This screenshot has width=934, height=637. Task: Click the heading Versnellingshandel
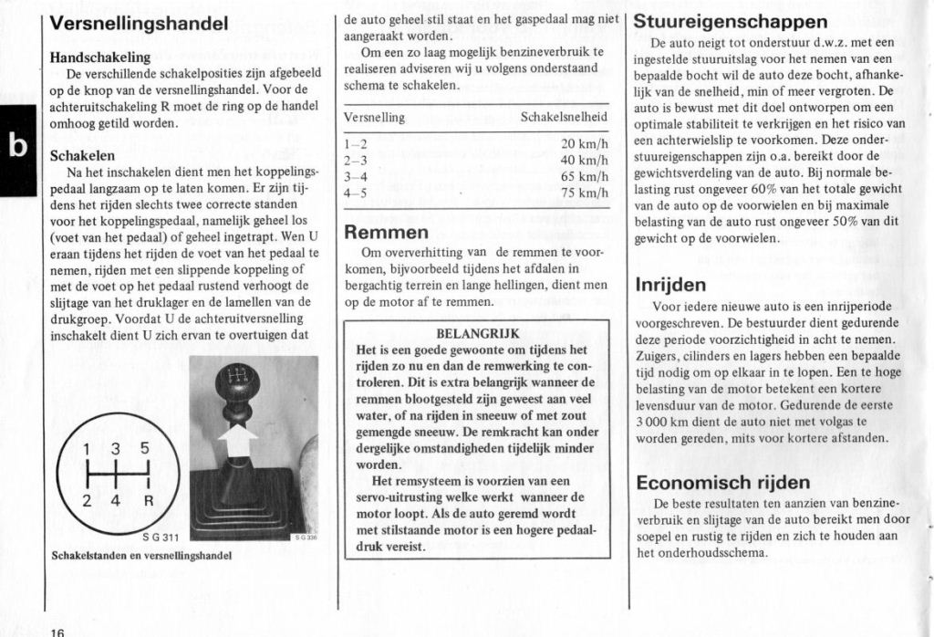(x=139, y=25)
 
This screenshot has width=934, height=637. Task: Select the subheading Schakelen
(x=82, y=155)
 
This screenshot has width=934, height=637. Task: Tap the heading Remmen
(x=386, y=232)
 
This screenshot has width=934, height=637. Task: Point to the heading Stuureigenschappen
(x=731, y=21)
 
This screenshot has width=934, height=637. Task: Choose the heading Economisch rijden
(x=722, y=482)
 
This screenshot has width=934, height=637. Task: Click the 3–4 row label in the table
(x=356, y=177)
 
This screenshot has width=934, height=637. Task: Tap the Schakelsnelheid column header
(x=564, y=118)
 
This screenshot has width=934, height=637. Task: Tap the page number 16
(x=57, y=630)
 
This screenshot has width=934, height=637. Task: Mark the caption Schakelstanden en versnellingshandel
(x=141, y=555)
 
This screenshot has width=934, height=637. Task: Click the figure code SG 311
(x=160, y=537)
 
